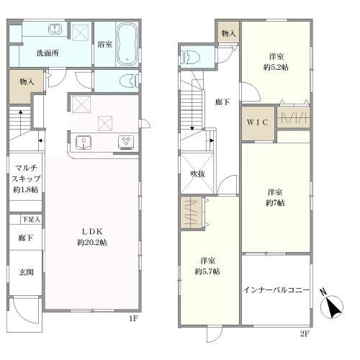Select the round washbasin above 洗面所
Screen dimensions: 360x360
tap(54, 30)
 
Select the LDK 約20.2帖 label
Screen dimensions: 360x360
tap(94, 237)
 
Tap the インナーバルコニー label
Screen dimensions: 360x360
tap(276, 291)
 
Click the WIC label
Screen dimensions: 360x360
tap(258, 122)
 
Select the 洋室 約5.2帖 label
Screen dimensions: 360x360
tap(275, 60)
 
